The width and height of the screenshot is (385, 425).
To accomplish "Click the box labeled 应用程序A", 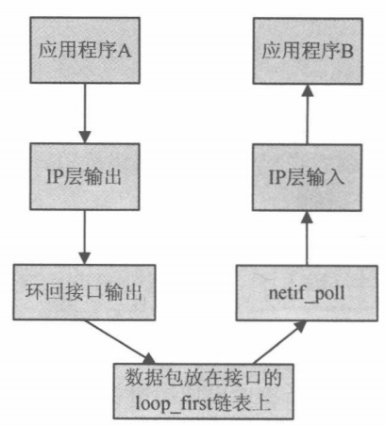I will (85, 48).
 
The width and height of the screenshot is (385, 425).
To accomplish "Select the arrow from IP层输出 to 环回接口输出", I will (86, 235).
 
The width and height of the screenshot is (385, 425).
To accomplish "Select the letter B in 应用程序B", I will (346, 49).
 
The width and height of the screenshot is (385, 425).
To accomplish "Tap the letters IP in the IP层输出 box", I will (54, 175).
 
